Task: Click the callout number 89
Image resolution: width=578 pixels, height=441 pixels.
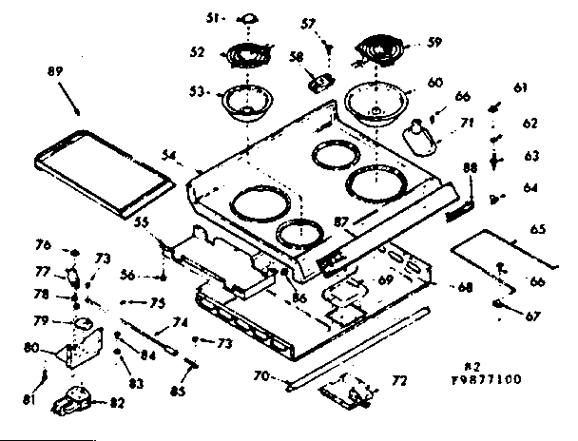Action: (x=55, y=70)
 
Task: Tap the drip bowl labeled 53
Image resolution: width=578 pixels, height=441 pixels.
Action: (x=244, y=102)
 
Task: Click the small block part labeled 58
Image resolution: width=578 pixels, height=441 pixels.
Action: (x=319, y=83)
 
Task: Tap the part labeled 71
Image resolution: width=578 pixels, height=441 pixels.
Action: (x=421, y=135)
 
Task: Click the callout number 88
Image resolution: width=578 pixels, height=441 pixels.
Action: (x=469, y=168)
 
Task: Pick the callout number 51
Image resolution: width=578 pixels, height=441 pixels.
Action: (x=216, y=16)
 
